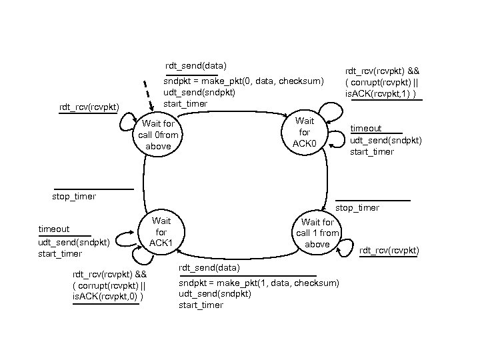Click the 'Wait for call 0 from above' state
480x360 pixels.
pos(158,135)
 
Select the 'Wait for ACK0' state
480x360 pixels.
pos(305,133)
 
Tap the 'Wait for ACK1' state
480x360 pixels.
pos(161,231)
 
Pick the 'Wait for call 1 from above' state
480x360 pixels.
pos(317,233)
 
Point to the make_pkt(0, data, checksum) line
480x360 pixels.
pos(243,81)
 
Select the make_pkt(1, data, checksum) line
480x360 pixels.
pos(259,283)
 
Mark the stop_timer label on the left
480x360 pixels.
pos(73,196)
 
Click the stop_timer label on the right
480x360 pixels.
pos(357,208)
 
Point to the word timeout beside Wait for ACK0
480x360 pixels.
pos(366,128)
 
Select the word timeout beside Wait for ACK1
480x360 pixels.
pos(53,229)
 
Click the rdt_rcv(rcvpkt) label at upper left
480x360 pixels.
pos(89,107)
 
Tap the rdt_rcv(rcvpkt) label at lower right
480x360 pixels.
pos(389,251)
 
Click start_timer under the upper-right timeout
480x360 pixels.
pos(372,151)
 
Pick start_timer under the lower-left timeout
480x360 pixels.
pos(60,253)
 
